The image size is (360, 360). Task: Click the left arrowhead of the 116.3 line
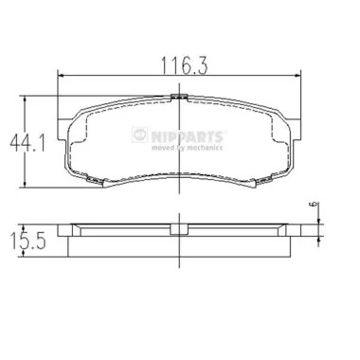pyautogui.click(x=63, y=79)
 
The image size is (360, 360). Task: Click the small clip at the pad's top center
pyautogui.click(x=175, y=96)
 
